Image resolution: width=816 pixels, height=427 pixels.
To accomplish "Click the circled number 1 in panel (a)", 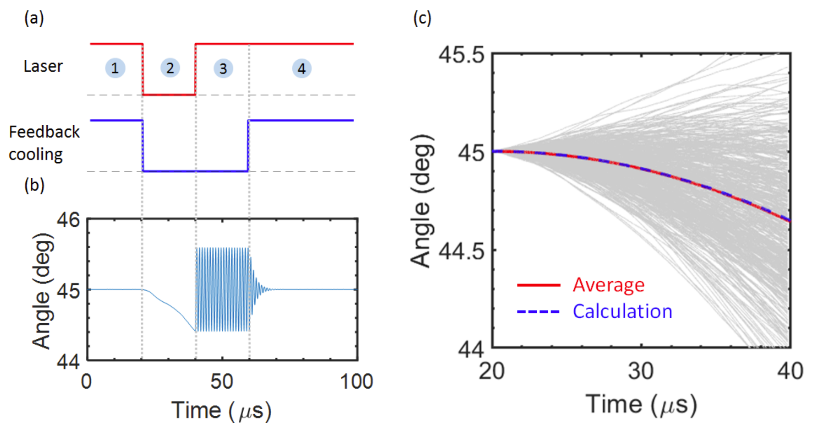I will click(x=115, y=68).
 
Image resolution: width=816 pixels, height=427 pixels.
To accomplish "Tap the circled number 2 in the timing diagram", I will click(x=170, y=68).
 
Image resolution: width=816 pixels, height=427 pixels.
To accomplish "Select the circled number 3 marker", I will click(x=223, y=69).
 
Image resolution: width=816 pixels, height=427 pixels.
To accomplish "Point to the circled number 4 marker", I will click(x=302, y=69).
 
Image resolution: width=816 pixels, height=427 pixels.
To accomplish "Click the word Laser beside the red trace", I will click(x=43, y=66).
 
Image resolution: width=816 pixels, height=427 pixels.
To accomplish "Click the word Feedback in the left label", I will click(x=44, y=132).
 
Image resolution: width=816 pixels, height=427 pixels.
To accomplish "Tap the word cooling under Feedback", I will click(x=36, y=154).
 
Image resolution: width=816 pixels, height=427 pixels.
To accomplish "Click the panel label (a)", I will click(x=34, y=18).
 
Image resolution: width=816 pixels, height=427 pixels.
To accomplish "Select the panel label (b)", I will click(x=34, y=185).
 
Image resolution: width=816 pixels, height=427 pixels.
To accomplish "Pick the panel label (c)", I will click(x=422, y=18).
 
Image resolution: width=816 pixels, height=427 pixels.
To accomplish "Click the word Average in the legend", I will click(x=608, y=285).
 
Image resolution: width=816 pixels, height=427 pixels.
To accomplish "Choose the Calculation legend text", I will click(x=622, y=311).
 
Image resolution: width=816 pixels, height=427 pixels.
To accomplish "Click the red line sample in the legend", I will click(x=539, y=285).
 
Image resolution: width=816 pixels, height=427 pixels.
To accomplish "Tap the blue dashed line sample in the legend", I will click(x=539, y=312).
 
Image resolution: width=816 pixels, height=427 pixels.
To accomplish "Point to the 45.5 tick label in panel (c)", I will click(x=461, y=55).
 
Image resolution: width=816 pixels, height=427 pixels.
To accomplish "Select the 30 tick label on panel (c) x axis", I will click(x=641, y=371).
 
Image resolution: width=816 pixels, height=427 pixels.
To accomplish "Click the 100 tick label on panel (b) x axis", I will click(x=356, y=382).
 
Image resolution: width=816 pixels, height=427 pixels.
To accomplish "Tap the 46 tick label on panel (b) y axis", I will click(x=69, y=220).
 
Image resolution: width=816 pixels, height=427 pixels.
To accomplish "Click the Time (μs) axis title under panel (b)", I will click(x=221, y=410).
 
